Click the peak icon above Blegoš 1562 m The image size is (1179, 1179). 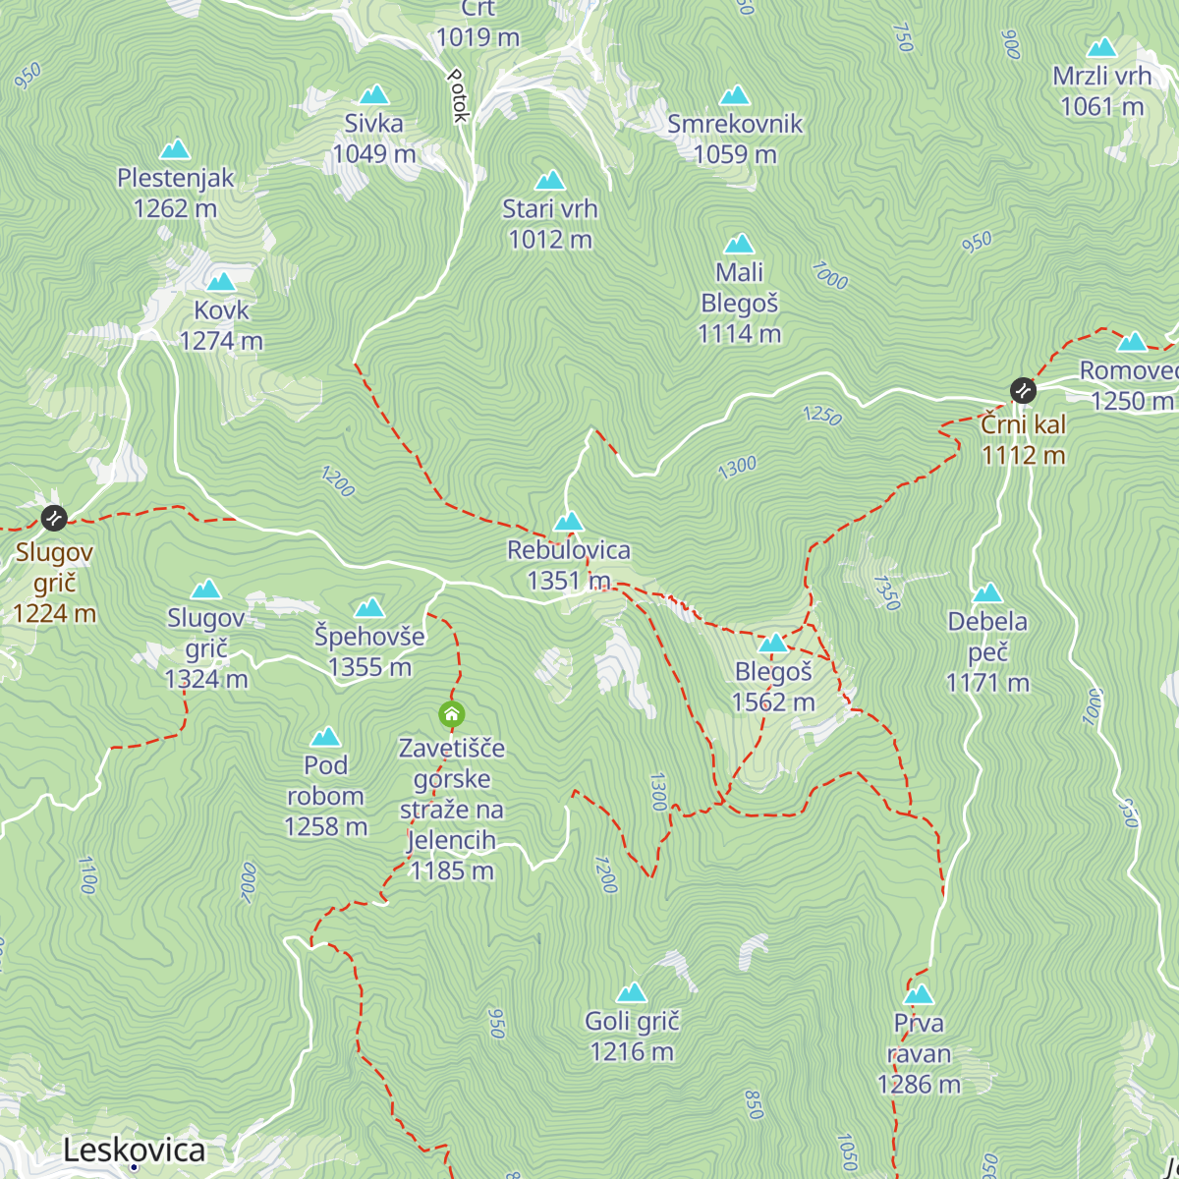click(x=773, y=644)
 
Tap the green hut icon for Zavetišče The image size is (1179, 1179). click(x=452, y=714)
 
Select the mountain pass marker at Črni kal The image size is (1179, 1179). click(x=1023, y=390)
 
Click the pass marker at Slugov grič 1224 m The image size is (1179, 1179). click(x=53, y=517)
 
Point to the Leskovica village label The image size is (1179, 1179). click(x=135, y=1151)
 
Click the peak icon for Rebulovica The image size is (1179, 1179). click(x=568, y=521)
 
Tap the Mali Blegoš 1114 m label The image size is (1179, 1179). click(x=739, y=303)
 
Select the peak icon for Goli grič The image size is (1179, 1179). click(x=632, y=992)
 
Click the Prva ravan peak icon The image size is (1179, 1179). click(x=919, y=994)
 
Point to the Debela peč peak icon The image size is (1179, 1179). click(x=987, y=592)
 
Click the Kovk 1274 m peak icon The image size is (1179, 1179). click(x=221, y=282)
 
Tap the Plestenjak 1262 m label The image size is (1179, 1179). click(x=175, y=193)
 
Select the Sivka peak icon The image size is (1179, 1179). click(x=373, y=94)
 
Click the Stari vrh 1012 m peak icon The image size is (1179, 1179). click(x=550, y=180)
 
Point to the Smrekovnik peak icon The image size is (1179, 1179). click(x=735, y=95)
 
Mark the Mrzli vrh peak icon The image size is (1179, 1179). click(x=1102, y=47)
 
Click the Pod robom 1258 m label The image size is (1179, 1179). click(x=325, y=796)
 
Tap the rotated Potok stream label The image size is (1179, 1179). click(x=458, y=94)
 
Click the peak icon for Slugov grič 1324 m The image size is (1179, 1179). click(x=205, y=589)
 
